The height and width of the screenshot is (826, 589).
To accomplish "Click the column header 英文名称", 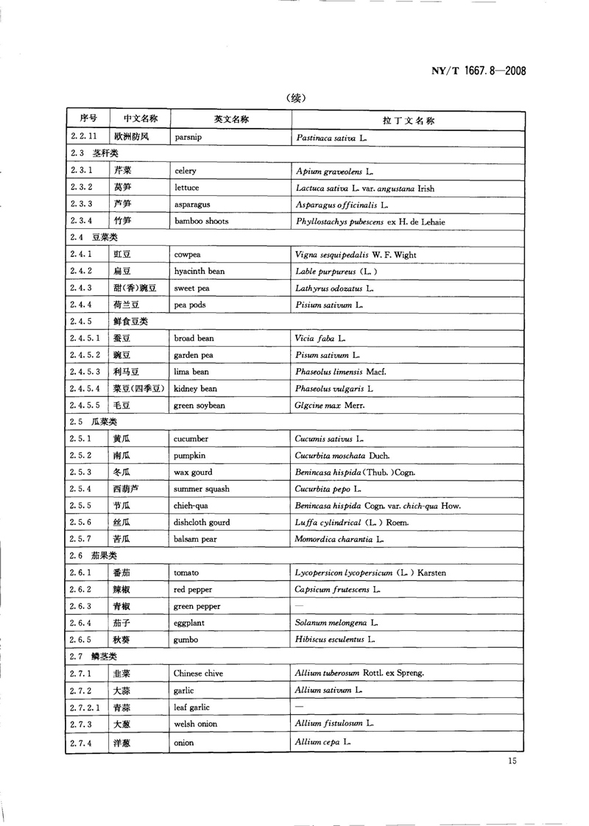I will click(230, 119).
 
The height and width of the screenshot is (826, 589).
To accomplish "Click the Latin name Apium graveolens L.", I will click(334, 172).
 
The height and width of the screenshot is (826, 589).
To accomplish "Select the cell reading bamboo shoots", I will click(201, 221).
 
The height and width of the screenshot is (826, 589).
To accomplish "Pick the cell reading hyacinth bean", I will click(199, 271).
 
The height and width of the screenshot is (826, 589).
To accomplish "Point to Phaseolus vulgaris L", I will click(334, 389).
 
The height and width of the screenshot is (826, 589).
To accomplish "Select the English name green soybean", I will click(199, 406).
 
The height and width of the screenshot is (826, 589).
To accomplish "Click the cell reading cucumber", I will click(191, 439).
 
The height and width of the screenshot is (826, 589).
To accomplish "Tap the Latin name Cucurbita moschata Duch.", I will click(342, 456).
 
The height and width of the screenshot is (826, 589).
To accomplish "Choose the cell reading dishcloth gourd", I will click(201, 523).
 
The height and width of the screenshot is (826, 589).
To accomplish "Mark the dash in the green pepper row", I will click(299, 606).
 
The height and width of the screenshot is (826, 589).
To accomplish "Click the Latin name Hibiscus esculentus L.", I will click(336, 640).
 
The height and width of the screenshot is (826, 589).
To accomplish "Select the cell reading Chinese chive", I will click(198, 673).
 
